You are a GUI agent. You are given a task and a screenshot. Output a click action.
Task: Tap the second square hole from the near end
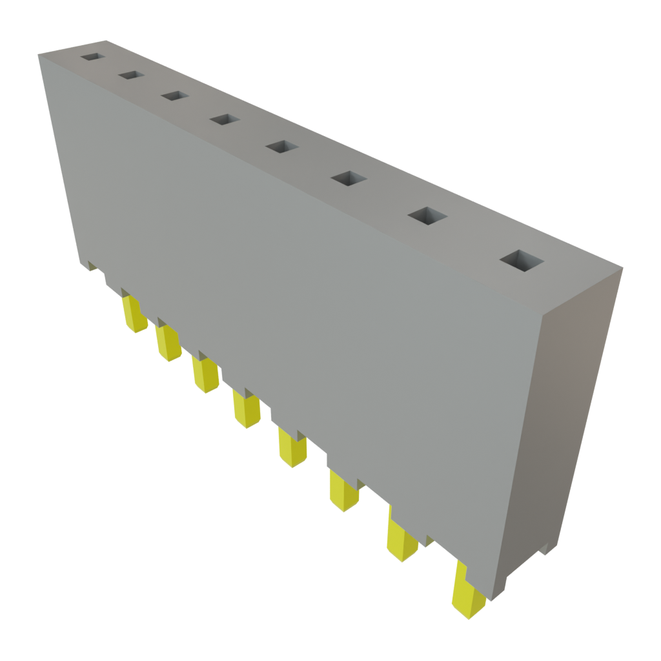point(428,216)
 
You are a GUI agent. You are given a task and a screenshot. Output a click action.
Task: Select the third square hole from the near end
point(349,178)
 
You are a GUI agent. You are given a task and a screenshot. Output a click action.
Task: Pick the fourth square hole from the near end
point(281,147)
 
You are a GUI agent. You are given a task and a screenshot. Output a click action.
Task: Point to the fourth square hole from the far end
point(225,119)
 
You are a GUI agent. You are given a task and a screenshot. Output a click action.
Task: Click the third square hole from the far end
point(174,96)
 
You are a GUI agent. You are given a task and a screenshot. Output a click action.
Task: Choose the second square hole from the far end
point(130,76)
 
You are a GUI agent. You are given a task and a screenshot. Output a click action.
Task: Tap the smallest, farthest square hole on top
point(92,57)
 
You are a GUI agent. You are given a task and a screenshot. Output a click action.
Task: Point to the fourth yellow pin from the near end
point(292,447)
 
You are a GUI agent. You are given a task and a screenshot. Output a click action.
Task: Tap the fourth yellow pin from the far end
point(246,409)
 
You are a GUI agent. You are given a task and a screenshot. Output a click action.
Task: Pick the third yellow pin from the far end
point(205,374)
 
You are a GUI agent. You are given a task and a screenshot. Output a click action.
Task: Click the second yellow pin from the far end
point(168,343)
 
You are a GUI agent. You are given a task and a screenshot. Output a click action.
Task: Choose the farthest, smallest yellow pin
point(134,315)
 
